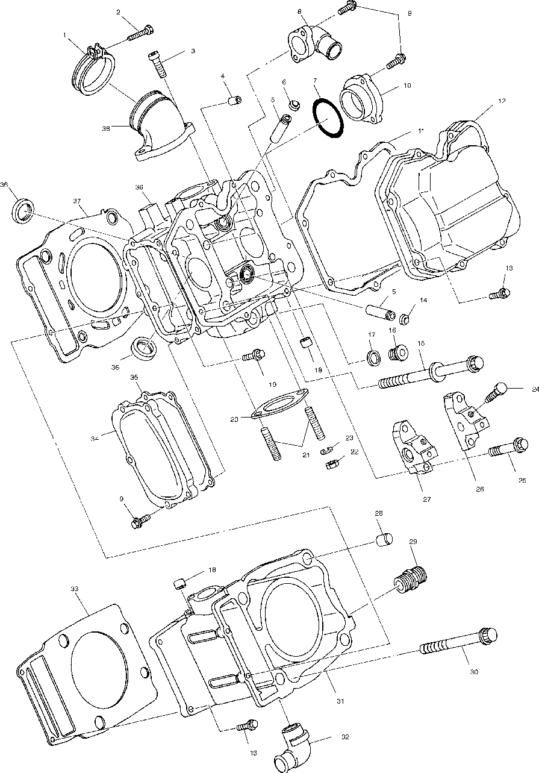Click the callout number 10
coord(407,86)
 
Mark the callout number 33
coord(75,588)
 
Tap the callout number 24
coord(534,390)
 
